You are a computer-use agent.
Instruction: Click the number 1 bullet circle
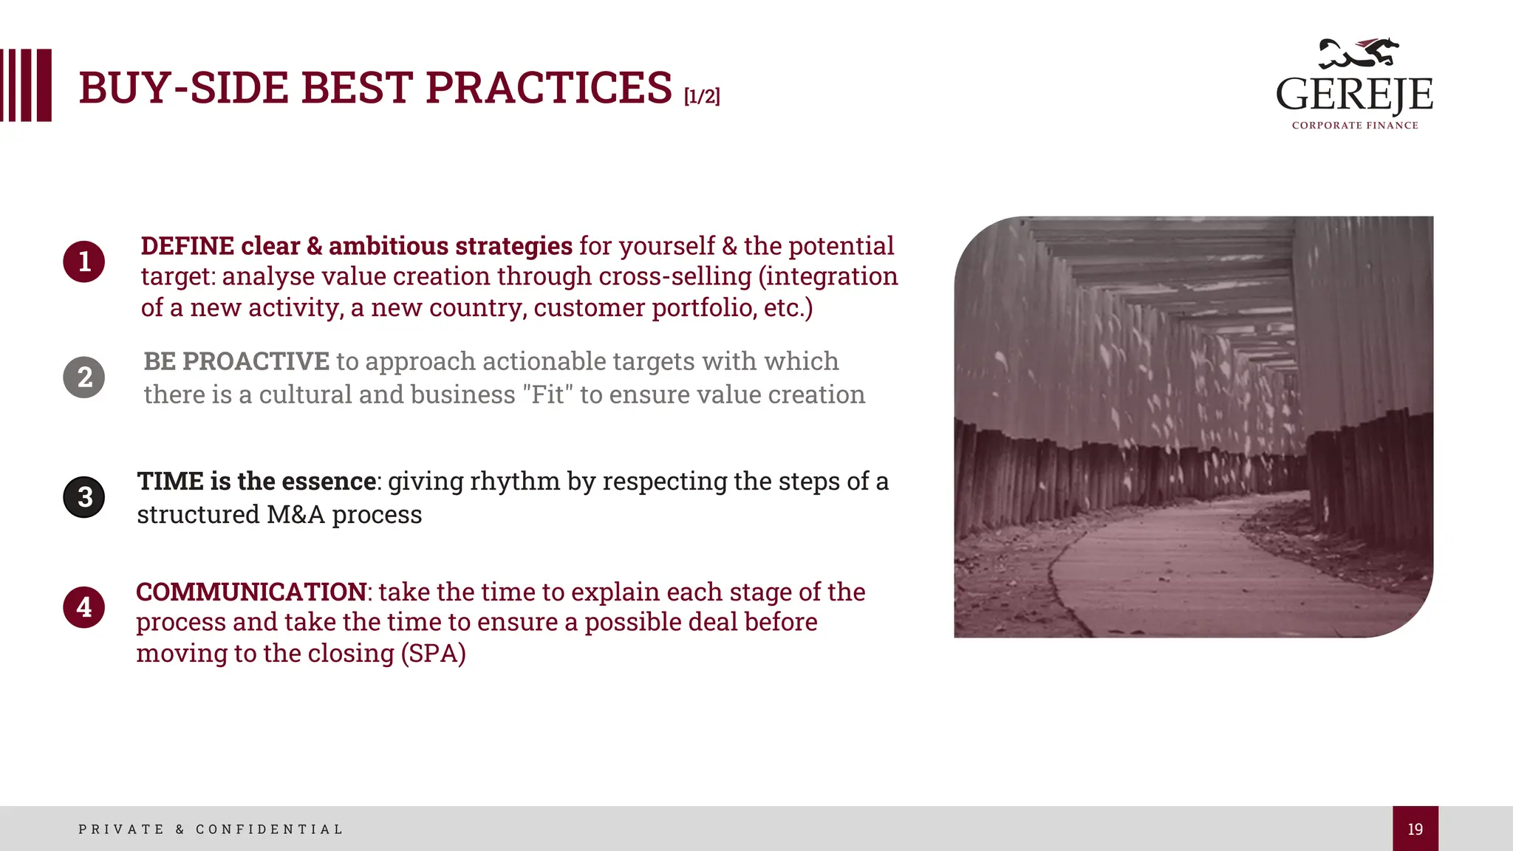tap(84, 262)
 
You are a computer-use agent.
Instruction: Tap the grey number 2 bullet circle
tap(84, 377)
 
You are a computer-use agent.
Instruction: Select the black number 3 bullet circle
tap(84, 497)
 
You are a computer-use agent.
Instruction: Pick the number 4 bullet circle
tap(84, 607)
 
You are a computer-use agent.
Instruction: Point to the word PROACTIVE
tap(256, 361)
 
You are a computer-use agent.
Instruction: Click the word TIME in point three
tap(170, 482)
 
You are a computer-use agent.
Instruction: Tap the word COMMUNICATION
tap(251, 592)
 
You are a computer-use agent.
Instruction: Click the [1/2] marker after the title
tap(702, 96)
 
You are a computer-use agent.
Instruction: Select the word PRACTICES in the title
tap(548, 88)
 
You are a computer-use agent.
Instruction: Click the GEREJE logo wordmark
tap(1354, 95)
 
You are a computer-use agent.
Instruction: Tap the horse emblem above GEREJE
tap(1359, 52)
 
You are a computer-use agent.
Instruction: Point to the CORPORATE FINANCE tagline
tap(1355, 126)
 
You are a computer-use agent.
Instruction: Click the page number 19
tap(1415, 829)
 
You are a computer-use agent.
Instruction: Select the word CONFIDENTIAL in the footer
tap(270, 830)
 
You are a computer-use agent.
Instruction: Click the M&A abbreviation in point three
tap(296, 515)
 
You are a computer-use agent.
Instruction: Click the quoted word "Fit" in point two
tap(547, 394)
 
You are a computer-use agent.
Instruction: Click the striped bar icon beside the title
tap(26, 85)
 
